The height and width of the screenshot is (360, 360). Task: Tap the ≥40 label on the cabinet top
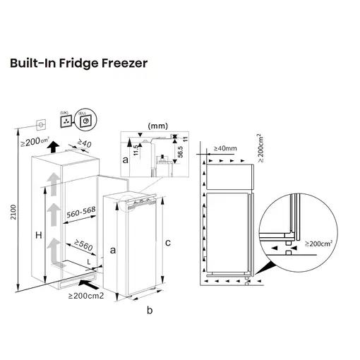click(83, 145)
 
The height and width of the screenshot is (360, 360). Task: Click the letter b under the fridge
click(149, 310)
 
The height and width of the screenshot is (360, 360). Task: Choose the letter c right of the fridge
click(167, 243)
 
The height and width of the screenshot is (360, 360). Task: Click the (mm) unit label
click(156, 125)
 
